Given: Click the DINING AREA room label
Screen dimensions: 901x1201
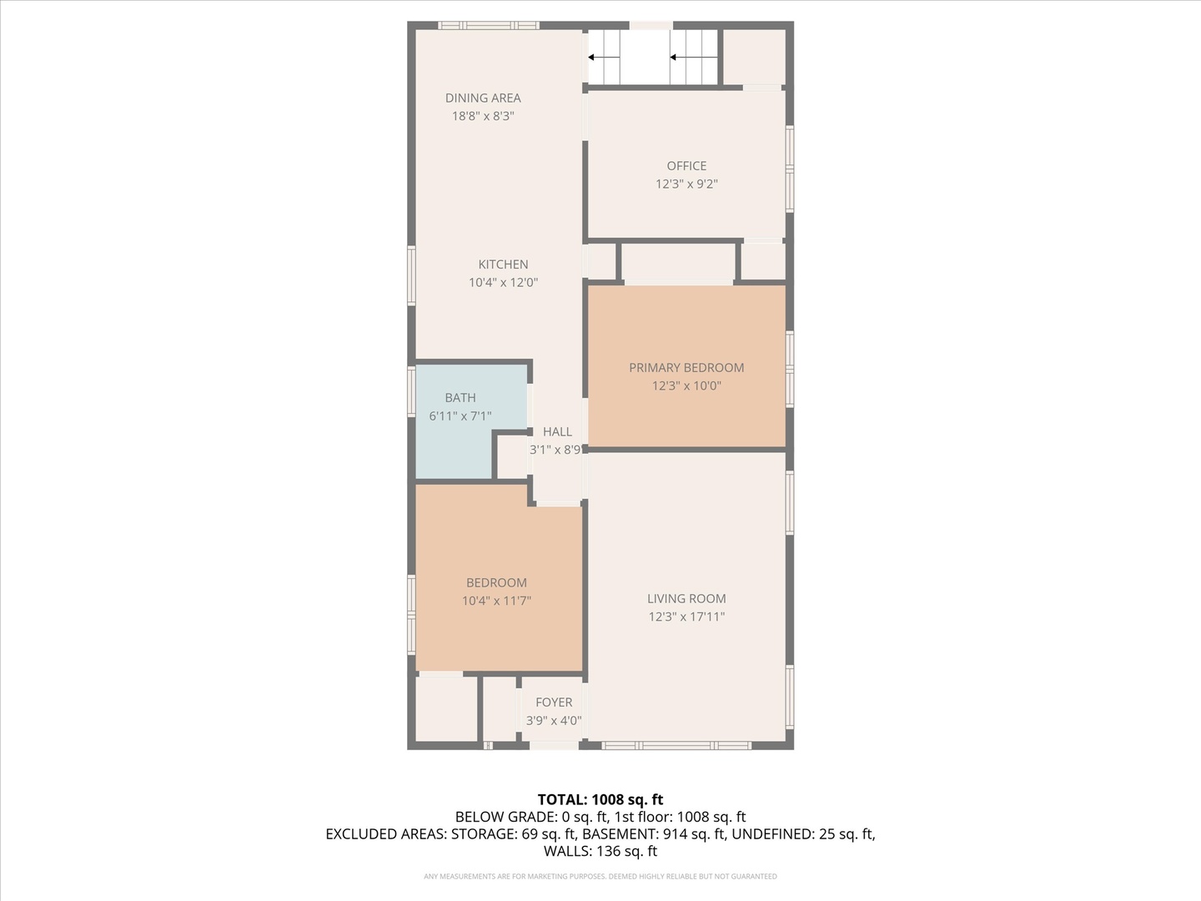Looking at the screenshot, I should pyautogui.click(x=483, y=98).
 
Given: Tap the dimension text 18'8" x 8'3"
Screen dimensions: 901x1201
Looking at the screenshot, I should pyautogui.click(x=483, y=116).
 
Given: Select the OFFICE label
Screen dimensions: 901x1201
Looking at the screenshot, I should pyautogui.click(x=686, y=166).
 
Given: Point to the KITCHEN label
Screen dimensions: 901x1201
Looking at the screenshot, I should pyautogui.click(x=503, y=264).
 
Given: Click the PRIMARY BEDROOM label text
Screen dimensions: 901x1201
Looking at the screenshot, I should pyautogui.click(x=686, y=368).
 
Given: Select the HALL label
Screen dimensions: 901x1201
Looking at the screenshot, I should pyautogui.click(x=557, y=431).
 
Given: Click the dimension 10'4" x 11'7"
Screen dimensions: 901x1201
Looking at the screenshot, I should pyautogui.click(x=496, y=601).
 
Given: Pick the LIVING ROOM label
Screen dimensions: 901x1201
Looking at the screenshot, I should pyautogui.click(x=686, y=598).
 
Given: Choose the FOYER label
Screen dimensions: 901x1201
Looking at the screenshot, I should pyautogui.click(x=554, y=702).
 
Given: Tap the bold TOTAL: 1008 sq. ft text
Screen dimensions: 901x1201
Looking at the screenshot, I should pyautogui.click(x=600, y=799).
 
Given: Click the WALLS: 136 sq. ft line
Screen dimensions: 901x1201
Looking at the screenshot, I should pyautogui.click(x=600, y=851).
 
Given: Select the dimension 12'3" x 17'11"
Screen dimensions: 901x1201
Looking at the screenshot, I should pyautogui.click(x=686, y=617).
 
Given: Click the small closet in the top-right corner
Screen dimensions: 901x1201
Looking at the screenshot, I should pyautogui.click(x=754, y=57).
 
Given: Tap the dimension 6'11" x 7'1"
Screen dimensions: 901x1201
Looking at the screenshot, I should pyautogui.click(x=460, y=415).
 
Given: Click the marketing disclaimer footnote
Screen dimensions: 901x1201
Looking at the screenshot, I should pyautogui.click(x=600, y=876).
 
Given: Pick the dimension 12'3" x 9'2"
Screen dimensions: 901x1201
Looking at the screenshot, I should pyautogui.click(x=686, y=184).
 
